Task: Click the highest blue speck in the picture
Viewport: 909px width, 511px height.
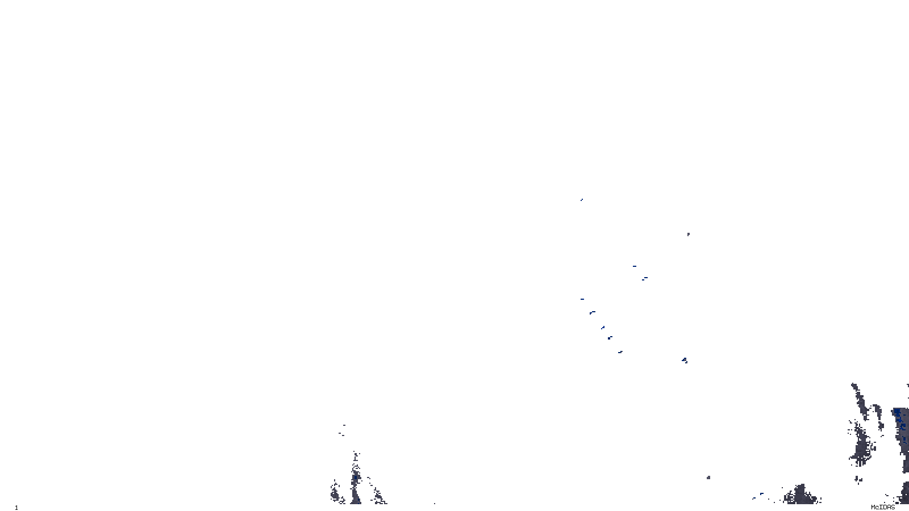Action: click(581, 200)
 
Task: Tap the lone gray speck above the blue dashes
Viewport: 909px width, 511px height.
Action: click(688, 234)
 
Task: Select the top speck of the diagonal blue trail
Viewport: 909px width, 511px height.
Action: click(582, 299)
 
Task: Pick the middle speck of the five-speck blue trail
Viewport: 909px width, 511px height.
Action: click(602, 327)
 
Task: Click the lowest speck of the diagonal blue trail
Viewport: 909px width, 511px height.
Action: click(620, 352)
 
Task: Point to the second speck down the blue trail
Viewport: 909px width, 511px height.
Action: click(592, 312)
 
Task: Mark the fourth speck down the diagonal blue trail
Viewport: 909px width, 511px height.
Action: click(610, 338)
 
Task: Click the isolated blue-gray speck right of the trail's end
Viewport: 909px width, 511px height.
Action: click(685, 360)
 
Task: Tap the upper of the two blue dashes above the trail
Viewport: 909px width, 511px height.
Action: click(634, 266)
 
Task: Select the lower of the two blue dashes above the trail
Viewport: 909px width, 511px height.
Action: click(645, 278)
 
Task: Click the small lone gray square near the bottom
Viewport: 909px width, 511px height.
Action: click(708, 478)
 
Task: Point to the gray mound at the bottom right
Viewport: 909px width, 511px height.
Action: click(802, 495)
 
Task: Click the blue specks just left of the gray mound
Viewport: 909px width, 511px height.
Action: click(758, 496)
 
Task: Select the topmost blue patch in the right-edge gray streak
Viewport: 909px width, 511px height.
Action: click(897, 412)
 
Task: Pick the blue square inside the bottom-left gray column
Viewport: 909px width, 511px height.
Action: click(356, 478)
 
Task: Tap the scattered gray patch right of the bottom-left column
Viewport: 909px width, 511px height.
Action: click(378, 496)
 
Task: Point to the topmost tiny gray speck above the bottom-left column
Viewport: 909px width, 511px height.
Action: click(344, 425)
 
